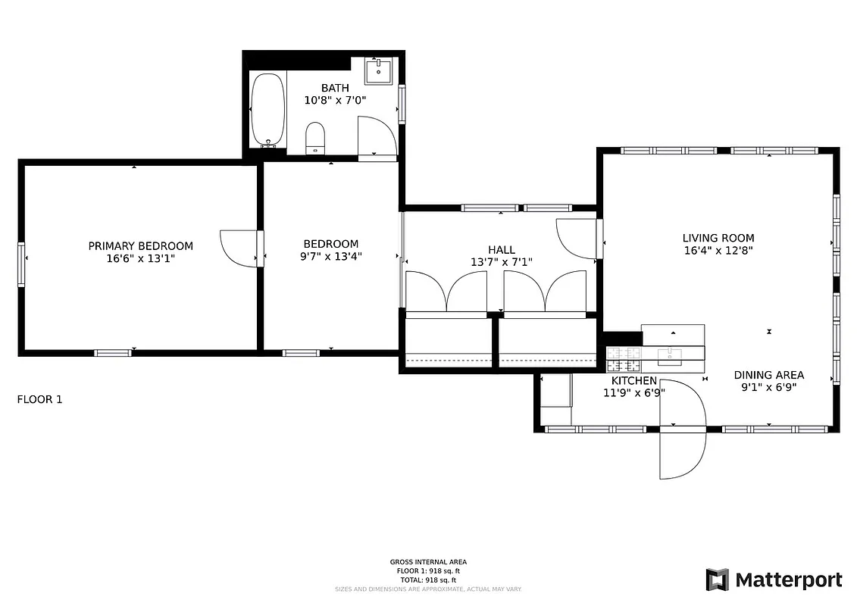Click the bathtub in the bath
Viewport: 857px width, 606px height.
(x=268, y=110)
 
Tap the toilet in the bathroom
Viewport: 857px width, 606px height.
(x=315, y=138)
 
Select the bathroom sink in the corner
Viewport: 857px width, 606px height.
(x=378, y=71)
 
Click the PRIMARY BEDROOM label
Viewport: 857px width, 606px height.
(x=140, y=246)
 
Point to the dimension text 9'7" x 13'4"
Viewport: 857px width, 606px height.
(x=330, y=256)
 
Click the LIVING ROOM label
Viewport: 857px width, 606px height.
(x=718, y=238)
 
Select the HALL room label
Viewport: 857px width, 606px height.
(x=501, y=250)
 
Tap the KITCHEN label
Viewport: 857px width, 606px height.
(x=634, y=380)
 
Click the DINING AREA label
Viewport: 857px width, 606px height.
(x=768, y=375)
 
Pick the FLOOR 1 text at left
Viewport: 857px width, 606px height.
(x=39, y=399)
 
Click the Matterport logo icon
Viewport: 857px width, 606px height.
(x=717, y=580)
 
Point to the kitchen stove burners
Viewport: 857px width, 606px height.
(x=624, y=352)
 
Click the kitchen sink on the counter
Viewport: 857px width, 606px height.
(x=671, y=352)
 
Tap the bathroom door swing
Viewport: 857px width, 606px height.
(x=377, y=136)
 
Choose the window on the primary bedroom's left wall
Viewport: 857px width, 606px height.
(x=21, y=264)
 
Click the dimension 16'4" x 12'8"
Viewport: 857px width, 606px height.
(x=718, y=250)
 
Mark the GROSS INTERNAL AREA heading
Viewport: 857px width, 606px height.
(x=428, y=562)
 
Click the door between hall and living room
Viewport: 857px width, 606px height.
(x=577, y=239)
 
